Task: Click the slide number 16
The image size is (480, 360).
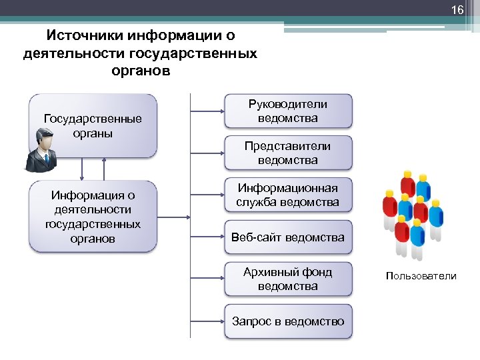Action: [457, 11]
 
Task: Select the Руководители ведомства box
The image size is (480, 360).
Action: [288, 111]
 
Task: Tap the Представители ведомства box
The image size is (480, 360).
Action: [288, 153]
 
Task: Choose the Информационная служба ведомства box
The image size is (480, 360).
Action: [288, 195]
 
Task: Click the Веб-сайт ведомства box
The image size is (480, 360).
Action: [288, 237]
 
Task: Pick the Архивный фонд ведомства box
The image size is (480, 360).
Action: [288, 279]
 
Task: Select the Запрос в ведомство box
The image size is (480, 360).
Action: [288, 321]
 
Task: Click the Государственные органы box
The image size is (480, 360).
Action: [93, 125]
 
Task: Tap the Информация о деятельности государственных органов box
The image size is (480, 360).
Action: [93, 217]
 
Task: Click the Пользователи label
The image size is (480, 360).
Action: [421, 276]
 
